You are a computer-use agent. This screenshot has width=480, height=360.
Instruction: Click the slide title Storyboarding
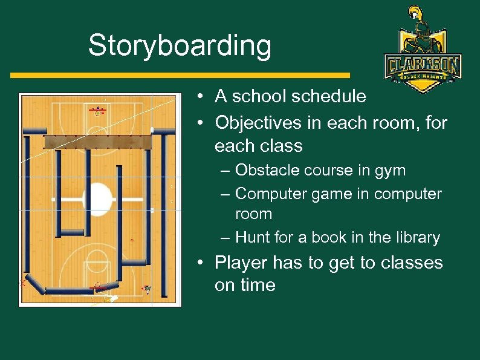[180, 46]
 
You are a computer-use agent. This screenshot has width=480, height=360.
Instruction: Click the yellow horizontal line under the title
[180, 75]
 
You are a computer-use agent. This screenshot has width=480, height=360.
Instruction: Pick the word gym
[391, 171]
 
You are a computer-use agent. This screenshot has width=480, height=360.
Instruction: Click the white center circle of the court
[100, 198]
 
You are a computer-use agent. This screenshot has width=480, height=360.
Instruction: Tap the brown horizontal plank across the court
[98, 142]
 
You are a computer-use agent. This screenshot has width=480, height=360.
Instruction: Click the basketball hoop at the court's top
[99, 111]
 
